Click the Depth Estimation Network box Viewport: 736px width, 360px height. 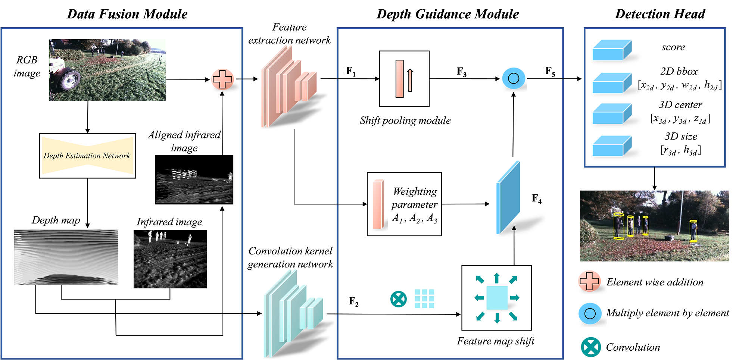tap(87, 156)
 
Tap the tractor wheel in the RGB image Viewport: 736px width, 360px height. tap(70, 79)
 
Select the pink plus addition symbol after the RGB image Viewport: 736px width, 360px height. tap(222, 79)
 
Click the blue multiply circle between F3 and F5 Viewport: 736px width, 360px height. tap(514, 78)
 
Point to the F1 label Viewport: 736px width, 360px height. tap(351, 71)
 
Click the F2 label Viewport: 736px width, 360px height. tap(353, 301)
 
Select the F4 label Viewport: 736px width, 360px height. tap(536, 198)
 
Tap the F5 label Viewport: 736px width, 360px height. tap(550, 71)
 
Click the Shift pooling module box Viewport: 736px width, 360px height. tap(404, 79)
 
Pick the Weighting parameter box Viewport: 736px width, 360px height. tap(404, 204)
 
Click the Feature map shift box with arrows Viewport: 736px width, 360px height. tap(496, 298)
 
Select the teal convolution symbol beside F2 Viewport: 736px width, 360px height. tap(398, 299)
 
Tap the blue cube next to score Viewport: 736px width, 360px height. tap(611, 50)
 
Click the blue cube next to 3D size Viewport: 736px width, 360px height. tap(611, 146)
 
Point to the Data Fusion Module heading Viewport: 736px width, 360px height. tap(127, 14)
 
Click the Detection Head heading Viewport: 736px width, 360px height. tap(660, 14)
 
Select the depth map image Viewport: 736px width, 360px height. tap(66, 257)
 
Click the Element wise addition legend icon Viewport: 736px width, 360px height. tap(589, 281)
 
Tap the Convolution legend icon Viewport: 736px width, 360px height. tap(590, 347)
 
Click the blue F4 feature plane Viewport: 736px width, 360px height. tap(508, 198)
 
